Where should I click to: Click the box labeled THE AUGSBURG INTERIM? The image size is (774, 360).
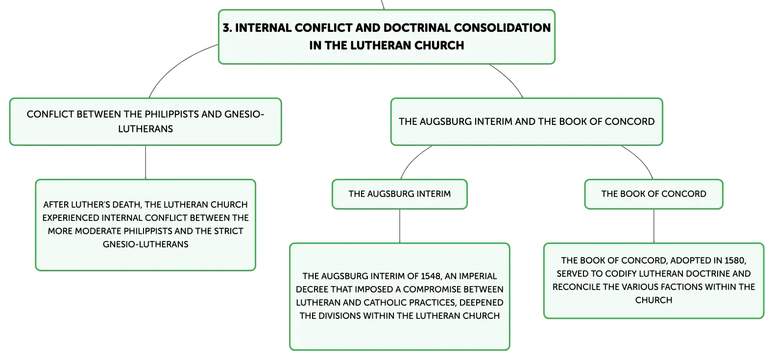399,194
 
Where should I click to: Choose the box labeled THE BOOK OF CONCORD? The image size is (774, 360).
653,194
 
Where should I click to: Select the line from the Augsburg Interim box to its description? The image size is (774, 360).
400,226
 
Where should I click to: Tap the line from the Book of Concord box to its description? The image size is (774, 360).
654,226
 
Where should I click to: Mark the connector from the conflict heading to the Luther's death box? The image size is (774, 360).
145,163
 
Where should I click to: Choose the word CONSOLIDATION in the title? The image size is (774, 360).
502,27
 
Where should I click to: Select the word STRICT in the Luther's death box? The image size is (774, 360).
228,231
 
